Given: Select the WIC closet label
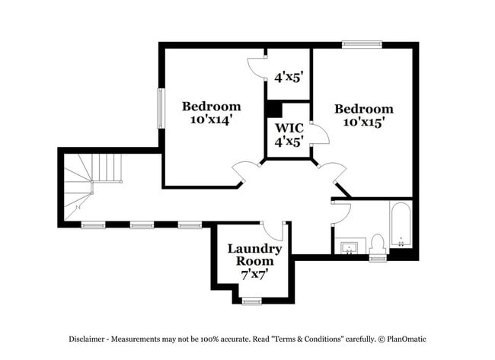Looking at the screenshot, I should pyautogui.click(x=289, y=128).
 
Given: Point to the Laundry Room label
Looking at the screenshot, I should pyautogui.click(x=255, y=254).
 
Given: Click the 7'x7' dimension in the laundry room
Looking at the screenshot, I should pyautogui.click(x=255, y=273).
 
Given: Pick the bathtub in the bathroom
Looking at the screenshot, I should pyautogui.click(x=401, y=225).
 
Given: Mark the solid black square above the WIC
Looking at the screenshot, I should pyautogui.click(x=273, y=108).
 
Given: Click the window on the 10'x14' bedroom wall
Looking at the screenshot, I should pyautogui.click(x=161, y=108).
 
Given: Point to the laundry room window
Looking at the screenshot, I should pyautogui.click(x=252, y=301).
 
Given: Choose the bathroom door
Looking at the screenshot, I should pyautogui.click(x=340, y=212).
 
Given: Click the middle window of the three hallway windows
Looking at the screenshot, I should pyautogui.click(x=141, y=225).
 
